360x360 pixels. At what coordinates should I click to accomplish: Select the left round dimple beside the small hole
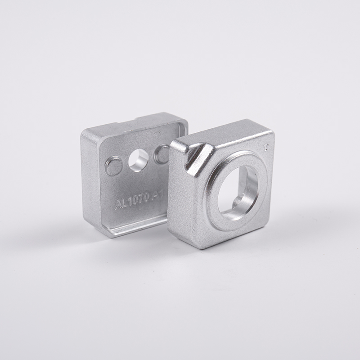[113, 166]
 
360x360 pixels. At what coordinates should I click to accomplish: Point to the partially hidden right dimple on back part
[161, 154]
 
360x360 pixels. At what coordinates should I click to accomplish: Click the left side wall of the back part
[90, 184]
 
